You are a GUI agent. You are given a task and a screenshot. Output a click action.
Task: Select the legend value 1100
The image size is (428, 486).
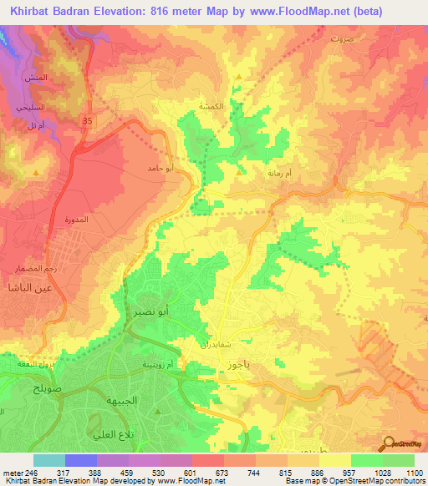point(413,473)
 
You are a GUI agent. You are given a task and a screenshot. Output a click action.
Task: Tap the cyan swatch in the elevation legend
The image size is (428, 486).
point(48,460)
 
